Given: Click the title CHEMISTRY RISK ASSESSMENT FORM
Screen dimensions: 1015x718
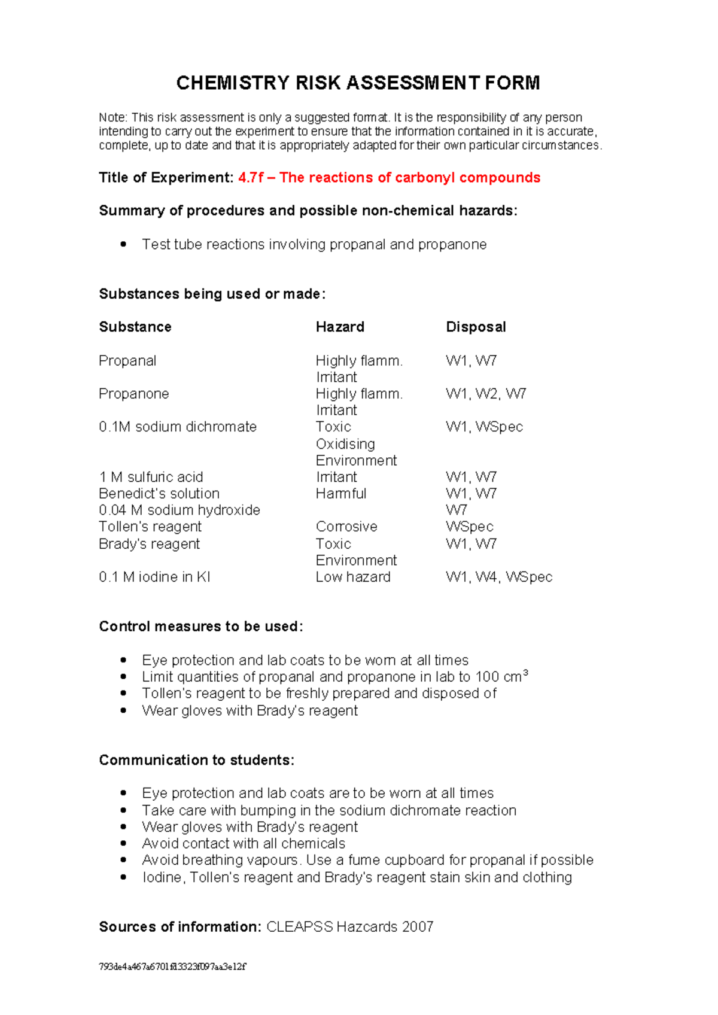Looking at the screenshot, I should (358, 83).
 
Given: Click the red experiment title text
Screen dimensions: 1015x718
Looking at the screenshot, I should (389, 178).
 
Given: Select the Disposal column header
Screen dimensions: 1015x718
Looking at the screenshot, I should (476, 327).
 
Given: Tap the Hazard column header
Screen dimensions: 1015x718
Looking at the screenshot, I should (340, 327).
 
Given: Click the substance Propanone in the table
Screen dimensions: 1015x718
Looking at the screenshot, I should (134, 394).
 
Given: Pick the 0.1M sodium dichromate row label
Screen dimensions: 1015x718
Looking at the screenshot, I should (178, 427).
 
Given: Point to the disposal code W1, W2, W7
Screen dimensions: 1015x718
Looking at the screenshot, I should (486, 394).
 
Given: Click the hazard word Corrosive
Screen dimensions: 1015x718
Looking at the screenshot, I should (346, 527).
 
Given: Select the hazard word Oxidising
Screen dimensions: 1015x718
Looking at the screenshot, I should (345, 444).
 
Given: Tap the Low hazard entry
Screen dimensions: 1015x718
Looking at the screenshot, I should (353, 577).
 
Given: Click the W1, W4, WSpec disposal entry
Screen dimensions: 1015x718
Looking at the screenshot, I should (499, 577).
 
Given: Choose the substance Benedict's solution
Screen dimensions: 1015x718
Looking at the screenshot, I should (159, 494).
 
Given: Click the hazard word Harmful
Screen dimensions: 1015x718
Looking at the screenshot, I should (341, 494).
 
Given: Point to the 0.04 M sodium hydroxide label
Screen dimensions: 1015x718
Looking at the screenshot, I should (180, 510).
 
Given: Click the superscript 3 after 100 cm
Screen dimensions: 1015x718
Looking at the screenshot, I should (525, 673).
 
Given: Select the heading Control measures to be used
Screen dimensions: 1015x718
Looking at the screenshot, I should (201, 627).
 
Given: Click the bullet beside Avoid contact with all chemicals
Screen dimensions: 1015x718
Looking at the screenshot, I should (123, 844).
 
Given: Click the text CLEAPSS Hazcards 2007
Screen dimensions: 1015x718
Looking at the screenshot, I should (349, 927).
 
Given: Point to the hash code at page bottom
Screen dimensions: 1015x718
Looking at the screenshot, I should (172, 967).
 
